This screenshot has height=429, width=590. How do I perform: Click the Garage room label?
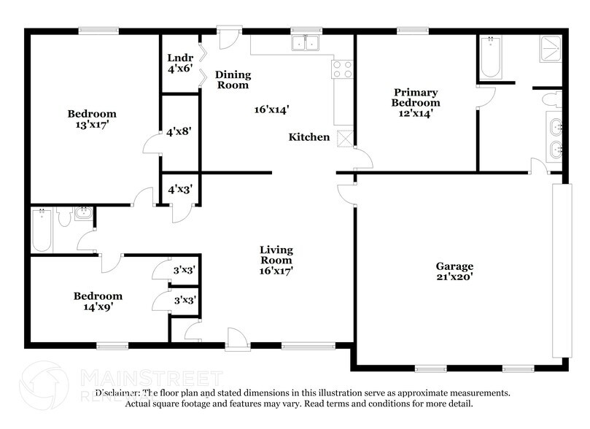455,266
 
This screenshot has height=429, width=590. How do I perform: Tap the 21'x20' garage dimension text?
455,277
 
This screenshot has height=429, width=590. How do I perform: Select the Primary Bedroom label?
416,98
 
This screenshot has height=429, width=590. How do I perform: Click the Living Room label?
276,255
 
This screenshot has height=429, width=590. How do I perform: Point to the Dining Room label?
233,80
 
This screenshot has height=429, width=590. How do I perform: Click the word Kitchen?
309,137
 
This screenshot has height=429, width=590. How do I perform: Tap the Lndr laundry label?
179,58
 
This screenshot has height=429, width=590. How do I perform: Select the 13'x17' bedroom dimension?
92,124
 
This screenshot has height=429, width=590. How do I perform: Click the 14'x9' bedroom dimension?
97,307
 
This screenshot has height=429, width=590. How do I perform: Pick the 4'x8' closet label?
179,133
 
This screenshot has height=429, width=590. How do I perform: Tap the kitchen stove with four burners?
343,69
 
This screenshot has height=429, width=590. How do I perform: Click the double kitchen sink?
306,44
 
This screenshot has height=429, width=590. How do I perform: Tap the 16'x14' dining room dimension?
271,110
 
